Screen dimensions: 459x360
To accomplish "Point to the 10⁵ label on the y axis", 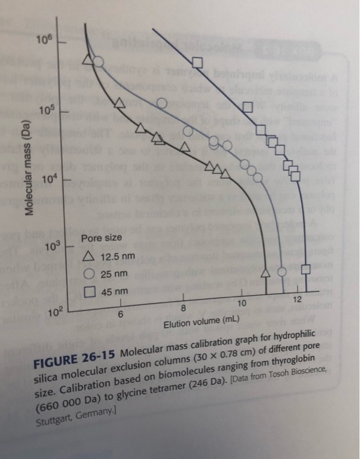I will [51, 108].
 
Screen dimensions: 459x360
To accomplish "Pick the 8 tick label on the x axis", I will [184, 308].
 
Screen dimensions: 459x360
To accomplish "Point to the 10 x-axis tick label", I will [241, 304].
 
